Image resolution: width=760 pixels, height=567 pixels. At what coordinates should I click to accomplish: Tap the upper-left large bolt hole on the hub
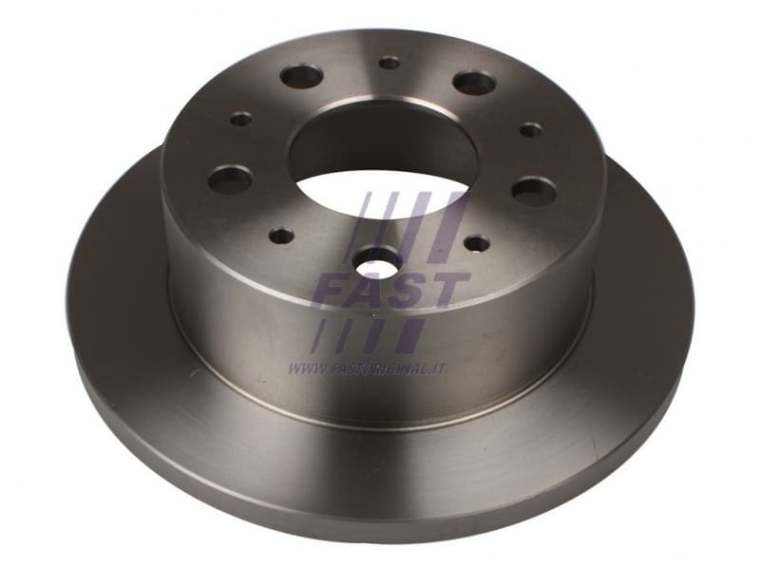(x=302, y=77)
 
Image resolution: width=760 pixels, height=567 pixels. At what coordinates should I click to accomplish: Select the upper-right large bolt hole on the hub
(x=473, y=83)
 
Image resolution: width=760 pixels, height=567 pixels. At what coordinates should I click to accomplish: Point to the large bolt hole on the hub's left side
(x=230, y=178)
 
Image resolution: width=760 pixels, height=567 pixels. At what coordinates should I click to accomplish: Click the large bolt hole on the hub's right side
(x=533, y=191)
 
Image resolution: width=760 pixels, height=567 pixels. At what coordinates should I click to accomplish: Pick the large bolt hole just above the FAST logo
(x=378, y=259)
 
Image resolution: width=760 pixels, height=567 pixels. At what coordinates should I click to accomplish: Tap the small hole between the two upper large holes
(x=389, y=63)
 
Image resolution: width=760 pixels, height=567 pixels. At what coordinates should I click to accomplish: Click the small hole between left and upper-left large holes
(x=241, y=120)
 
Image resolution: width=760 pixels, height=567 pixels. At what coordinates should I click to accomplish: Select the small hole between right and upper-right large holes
(x=531, y=129)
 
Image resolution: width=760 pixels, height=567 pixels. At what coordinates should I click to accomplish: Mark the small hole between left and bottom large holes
(x=281, y=235)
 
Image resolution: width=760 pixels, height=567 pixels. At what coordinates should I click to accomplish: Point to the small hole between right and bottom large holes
(x=476, y=244)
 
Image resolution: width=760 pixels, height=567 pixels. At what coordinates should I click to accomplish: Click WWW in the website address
(x=304, y=368)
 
